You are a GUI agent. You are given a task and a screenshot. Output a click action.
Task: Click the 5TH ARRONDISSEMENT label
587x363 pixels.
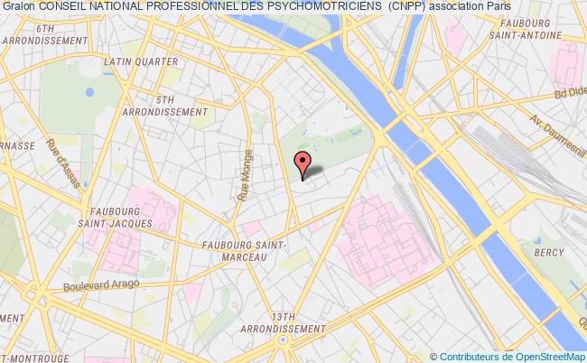(164, 106)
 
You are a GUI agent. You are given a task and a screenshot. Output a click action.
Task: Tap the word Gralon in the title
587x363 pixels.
(18, 7)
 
